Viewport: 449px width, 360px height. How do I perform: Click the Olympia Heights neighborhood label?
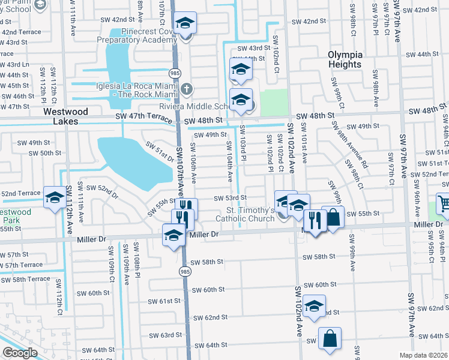(345, 59)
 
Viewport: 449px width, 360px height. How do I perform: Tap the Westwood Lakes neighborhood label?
(66, 116)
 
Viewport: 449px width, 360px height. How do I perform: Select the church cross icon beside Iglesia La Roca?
(187, 89)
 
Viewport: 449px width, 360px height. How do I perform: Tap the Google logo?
(20, 353)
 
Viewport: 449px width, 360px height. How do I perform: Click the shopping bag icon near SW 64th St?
(330, 339)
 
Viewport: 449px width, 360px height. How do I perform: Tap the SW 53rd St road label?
(231, 197)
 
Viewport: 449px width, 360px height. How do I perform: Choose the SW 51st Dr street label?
(159, 149)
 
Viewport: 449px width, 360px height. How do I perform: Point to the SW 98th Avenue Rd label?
(354, 144)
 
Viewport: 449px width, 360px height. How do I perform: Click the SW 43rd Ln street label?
(15, 64)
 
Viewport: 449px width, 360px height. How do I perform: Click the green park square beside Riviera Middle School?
(274, 102)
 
